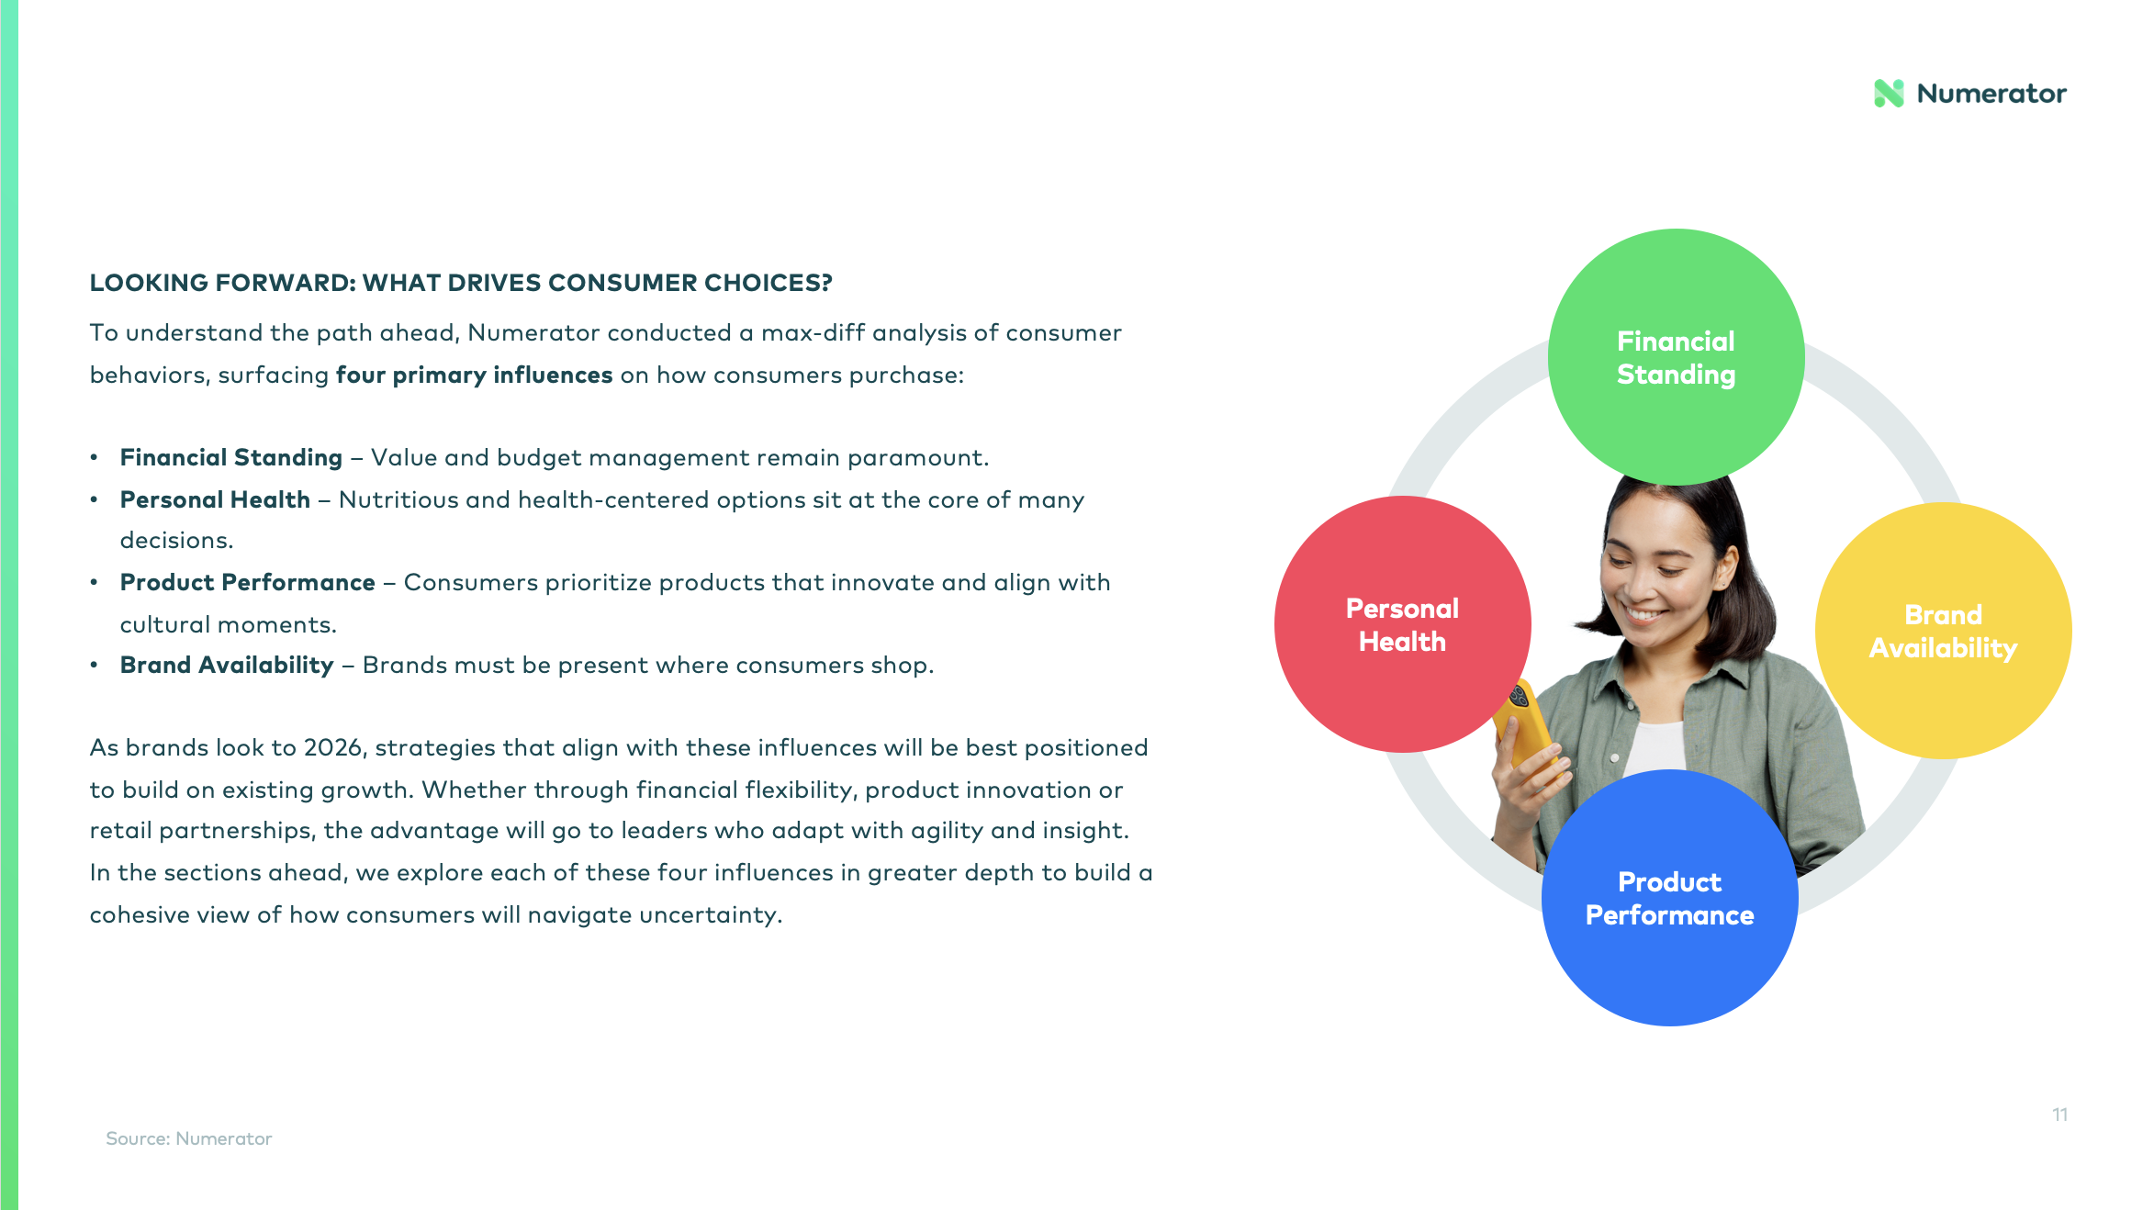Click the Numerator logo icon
(1889, 93)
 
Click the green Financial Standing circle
(1676, 356)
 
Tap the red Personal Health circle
(1402, 624)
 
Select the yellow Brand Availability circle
(1943, 631)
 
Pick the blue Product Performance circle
(1669, 898)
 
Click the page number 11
(2059, 1115)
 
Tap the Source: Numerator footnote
(189, 1138)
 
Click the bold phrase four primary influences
(474, 375)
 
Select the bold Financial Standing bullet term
(231, 457)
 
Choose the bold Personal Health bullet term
(215, 499)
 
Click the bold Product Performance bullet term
(248, 582)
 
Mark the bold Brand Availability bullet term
(227, 665)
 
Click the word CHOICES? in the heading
(768, 283)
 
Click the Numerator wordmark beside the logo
(1991, 94)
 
